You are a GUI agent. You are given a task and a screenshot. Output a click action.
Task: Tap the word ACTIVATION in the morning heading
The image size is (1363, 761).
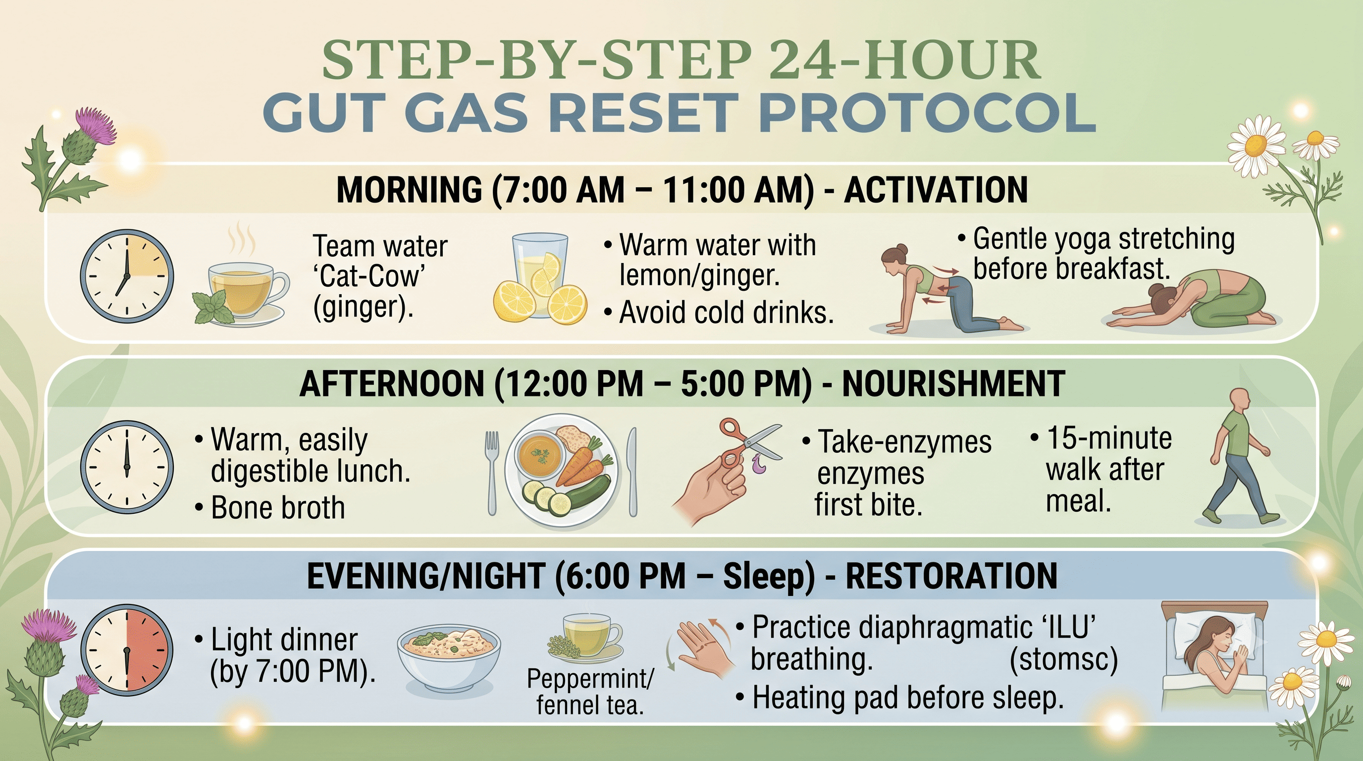tap(936, 189)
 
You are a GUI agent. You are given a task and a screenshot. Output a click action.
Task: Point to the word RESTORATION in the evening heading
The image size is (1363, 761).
tap(951, 576)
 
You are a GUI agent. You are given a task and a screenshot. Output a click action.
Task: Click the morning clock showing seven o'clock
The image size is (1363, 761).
tap(127, 276)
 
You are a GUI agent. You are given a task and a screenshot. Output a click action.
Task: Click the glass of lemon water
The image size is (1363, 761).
tap(540, 278)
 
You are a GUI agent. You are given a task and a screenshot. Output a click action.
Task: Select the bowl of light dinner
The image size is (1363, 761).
tap(449, 656)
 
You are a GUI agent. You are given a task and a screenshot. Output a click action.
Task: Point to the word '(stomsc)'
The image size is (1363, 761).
tap(1063, 659)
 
